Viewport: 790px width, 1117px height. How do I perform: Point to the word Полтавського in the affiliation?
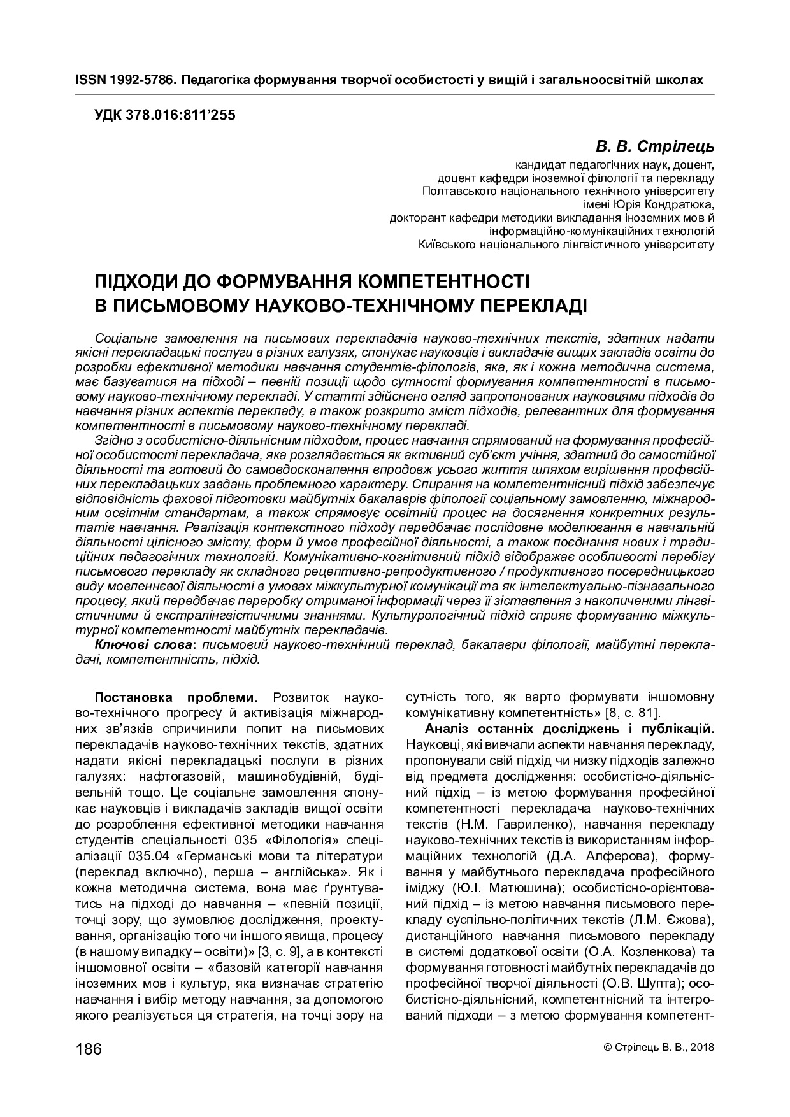456,191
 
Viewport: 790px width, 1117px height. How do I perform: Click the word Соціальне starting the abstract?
125,338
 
